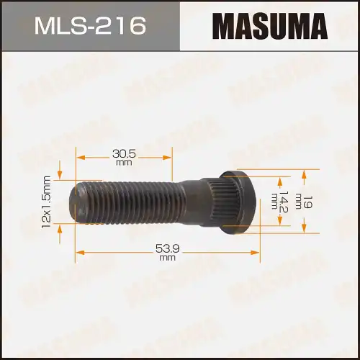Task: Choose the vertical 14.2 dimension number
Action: tap(283, 202)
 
